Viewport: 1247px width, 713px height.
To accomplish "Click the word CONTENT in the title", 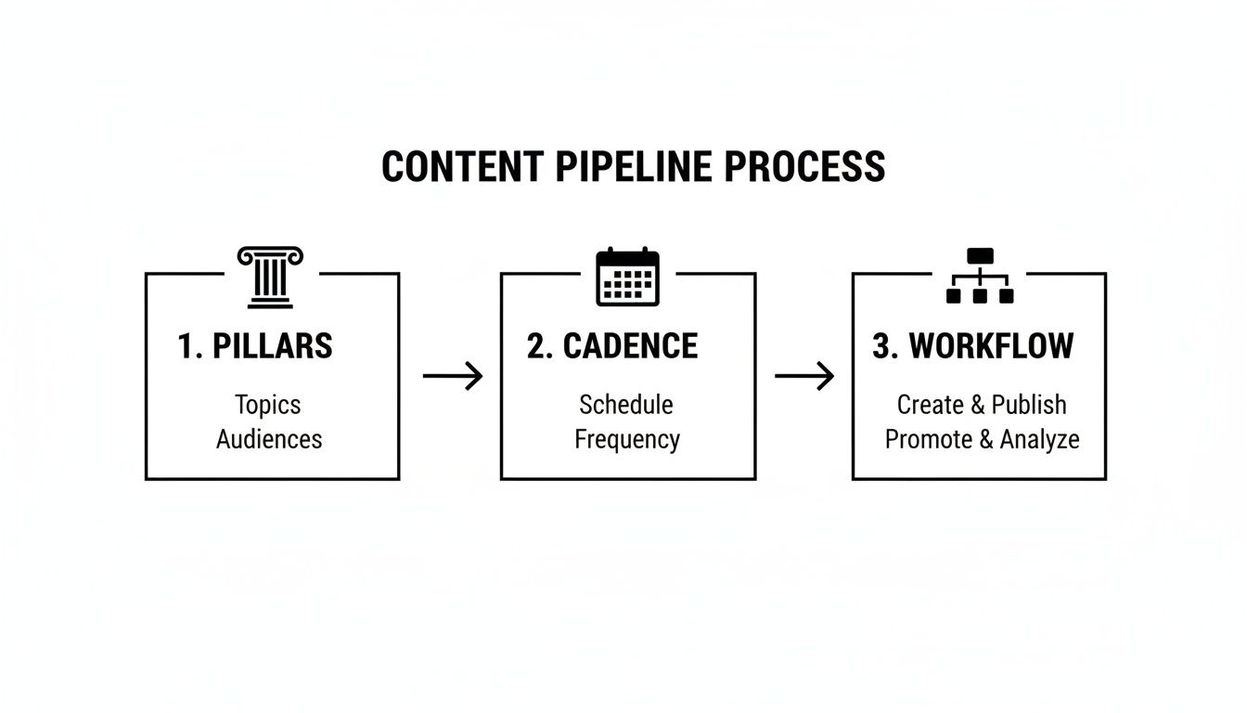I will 462,167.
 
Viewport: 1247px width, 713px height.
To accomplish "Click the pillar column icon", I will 270,277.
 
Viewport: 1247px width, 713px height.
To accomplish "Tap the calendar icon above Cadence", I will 627,277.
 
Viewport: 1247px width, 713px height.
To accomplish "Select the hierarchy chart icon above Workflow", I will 979,276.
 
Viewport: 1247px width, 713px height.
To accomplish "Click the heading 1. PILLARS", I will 254,346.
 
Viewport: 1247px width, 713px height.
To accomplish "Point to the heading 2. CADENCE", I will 612,346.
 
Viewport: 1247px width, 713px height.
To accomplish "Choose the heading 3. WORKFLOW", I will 972,346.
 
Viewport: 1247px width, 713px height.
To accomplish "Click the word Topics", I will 267,405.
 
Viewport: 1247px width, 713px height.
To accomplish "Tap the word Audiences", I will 269,439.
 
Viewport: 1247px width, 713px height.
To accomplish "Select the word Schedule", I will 626,405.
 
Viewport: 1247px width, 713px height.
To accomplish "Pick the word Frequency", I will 627,439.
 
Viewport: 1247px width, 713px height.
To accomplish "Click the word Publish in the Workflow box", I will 1029,405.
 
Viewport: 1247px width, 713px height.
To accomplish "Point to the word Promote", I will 928,439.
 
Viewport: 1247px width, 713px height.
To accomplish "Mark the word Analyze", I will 1039,439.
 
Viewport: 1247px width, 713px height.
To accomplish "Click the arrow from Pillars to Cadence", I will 453,376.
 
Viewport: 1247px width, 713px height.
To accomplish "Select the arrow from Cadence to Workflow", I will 804,376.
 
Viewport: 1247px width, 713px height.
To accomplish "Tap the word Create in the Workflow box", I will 930,405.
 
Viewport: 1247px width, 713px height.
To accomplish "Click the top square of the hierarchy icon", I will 979,256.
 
